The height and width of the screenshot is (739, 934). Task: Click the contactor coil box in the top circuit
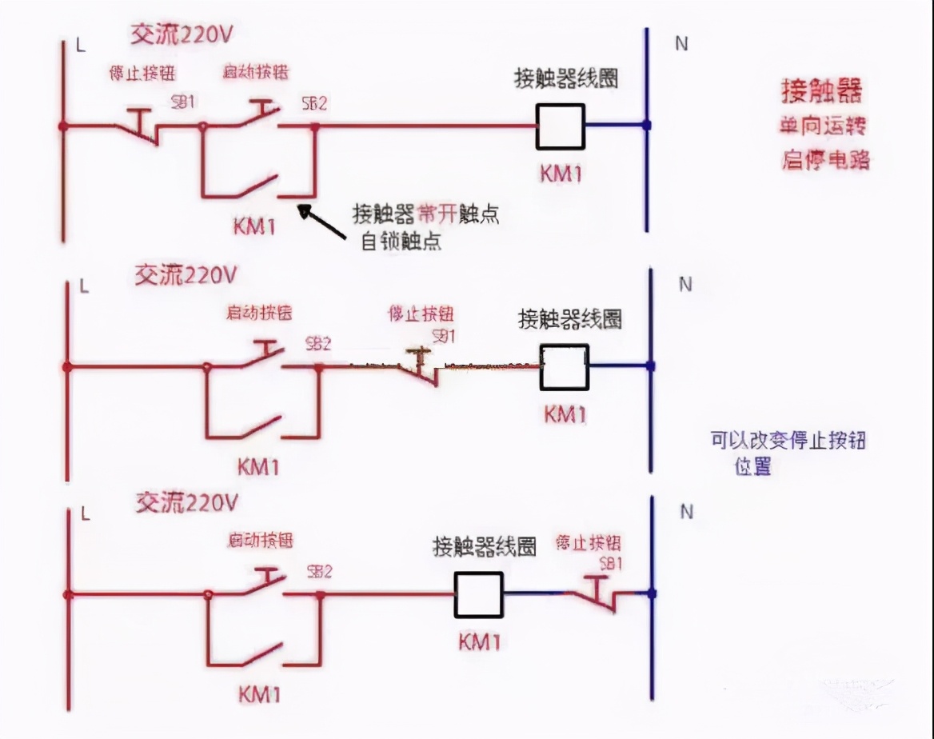pyautogui.click(x=560, y=126)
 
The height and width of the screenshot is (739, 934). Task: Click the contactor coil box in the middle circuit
pyautogui.click(x=565, y=366)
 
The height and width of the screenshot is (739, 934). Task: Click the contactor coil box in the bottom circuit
pyautogui.click(x=478, y=594)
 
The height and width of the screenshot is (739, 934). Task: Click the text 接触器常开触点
pyautogui.click(x=426, y=214)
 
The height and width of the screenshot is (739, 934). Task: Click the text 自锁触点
pyautogui.click(x=401, y=241)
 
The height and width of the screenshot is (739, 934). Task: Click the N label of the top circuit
pyautogui.click(x=681, y=43)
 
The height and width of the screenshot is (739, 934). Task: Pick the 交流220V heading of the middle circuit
pyautogui.click(x=186, y=276)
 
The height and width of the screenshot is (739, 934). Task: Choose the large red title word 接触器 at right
pyautogui.click(x=823, y=92)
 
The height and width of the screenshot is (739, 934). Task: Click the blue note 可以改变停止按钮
pyautogui.click(x=788, y=441)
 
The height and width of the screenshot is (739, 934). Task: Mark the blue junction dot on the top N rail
pyautogui.click(x=647, y=126)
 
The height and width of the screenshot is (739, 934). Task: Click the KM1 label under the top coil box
pyautogui.click(x=560, y=173)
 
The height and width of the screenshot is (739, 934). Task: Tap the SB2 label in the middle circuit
pyautogui.click(x=318, y=343)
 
